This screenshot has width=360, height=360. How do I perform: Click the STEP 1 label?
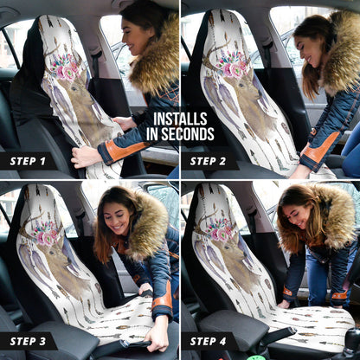[x=29, y=161]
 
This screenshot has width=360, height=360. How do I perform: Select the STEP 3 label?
[x=29, y=341]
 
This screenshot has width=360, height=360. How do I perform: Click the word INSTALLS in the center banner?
[x=179, y=119]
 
